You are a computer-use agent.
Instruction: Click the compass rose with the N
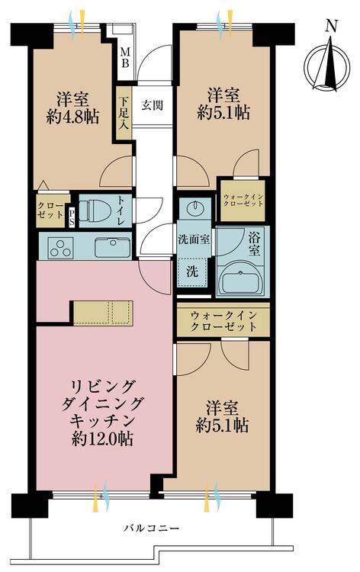(326, 67)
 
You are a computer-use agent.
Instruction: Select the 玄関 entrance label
(152, 106)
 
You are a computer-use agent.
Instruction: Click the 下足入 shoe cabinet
(124, 113)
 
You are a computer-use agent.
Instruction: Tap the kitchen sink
(112, 247)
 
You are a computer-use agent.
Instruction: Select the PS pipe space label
(72, 217)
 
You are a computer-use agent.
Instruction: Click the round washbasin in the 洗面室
(193, 209)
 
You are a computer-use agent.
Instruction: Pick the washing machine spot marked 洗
(192, 272)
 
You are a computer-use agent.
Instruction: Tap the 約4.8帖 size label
(72, 117)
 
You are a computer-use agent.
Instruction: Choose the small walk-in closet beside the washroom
(243, 201)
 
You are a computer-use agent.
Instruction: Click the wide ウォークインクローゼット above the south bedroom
(223, 320)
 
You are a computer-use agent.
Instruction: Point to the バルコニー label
(151, 528)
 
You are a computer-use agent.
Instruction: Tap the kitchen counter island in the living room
(103, 312)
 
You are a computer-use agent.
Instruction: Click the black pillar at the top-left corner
(31, 35)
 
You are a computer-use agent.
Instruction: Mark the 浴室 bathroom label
(254, 245)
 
